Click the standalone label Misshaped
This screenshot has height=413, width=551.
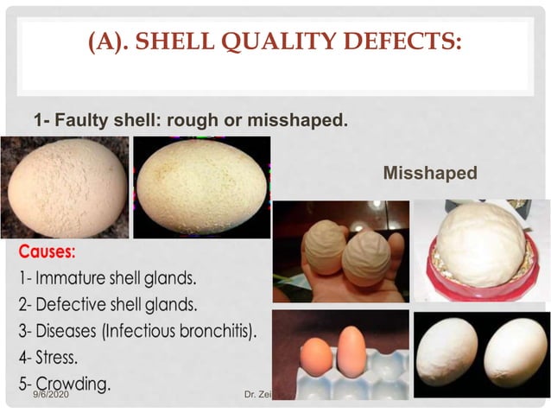(429, 173)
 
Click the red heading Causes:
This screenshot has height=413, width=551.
(47, 253)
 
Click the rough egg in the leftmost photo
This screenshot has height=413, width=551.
(64, 187)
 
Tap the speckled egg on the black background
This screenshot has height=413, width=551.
(201, 186)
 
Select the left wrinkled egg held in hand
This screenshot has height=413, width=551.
(323, 251)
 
